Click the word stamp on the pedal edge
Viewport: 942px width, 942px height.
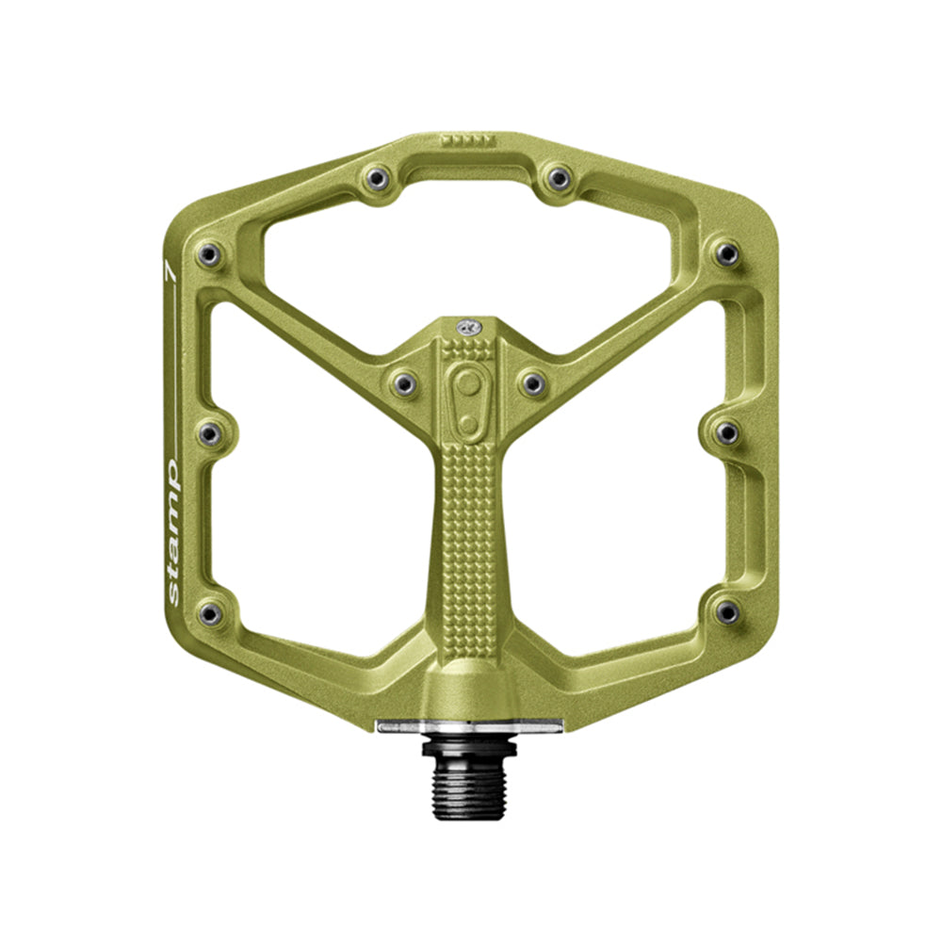click(x=172, y=531)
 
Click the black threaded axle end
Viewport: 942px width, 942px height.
click(x=468, y=787)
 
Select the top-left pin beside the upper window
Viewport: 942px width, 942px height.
click(x=377, y=178)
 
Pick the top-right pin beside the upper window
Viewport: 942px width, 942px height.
click(x=559, y=178)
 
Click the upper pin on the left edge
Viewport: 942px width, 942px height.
click(x=209, y=255)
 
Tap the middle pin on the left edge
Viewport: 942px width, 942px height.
click(x=209, y=432)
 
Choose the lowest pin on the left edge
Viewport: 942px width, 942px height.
click(x=210, y=613)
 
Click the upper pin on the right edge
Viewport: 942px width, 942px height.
click(x=727, y=254)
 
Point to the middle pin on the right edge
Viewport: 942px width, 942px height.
click(x=727, y=432)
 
